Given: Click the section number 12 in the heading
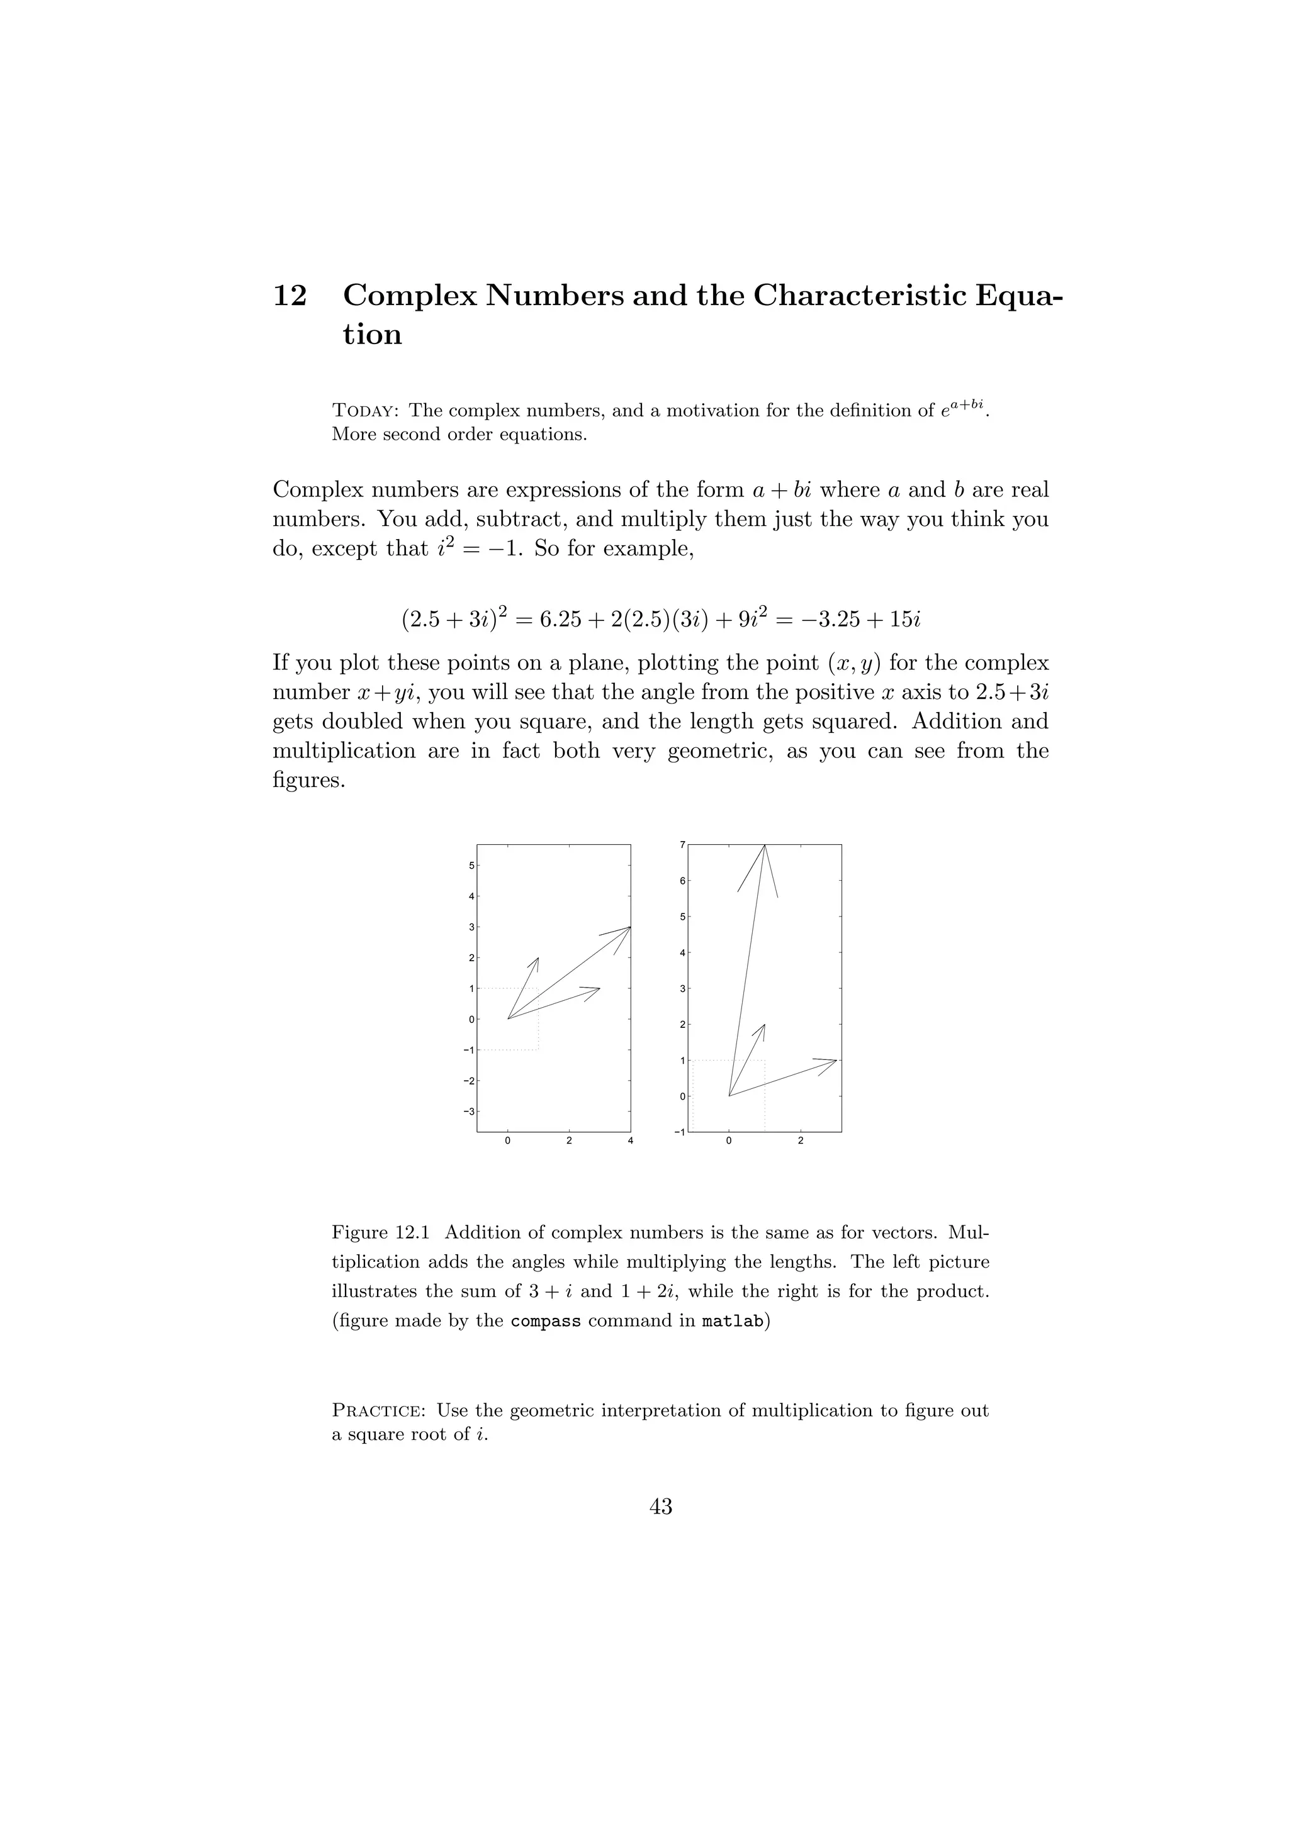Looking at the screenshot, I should click(x=290, y=296).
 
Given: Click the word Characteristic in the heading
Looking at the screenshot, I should click(x=858, y=296).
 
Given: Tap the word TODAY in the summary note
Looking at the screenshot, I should click(x=364, y=411).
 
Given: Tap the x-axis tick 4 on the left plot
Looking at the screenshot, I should click(x=631, y=1142).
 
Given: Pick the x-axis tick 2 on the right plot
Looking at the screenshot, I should click(x=800, y=1142).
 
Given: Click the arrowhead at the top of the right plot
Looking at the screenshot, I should click(x=764, y=847).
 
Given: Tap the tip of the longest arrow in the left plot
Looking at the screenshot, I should click(x=629, y=927).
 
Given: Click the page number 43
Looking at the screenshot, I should click(x=661, y=1507).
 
